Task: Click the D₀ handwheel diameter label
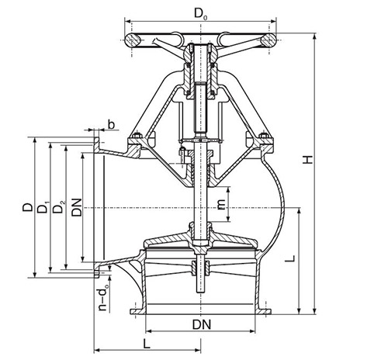coord(201,14)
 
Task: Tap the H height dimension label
coord(308,160)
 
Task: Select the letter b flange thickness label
coord(111,125)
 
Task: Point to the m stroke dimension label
coord(221,205)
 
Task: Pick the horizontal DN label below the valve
coord(202,325)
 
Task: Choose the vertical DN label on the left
coord(77,207)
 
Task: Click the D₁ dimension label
coord(43,206)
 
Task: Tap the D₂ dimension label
coord(59,206)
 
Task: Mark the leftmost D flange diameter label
coord(28,207)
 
